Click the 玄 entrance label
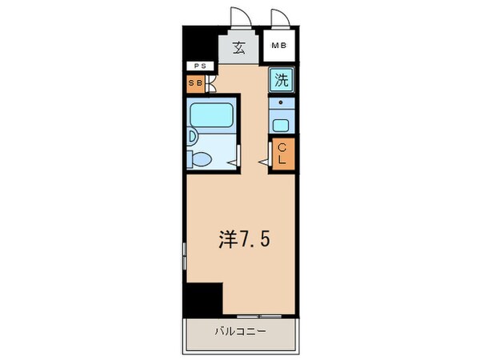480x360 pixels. tap(239, 47)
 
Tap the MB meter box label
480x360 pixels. tap(278, 46)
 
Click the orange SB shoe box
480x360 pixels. tap(195, 82)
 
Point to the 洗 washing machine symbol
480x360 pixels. tap(281, 79)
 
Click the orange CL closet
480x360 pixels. tap(283, 153)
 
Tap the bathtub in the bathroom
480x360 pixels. tap(213, 117)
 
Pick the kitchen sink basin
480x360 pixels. tap(280, 125)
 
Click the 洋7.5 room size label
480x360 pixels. tap(240, 238)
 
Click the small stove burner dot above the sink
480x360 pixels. tap(280, 104)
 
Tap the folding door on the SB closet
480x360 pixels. tap(210, 82)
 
